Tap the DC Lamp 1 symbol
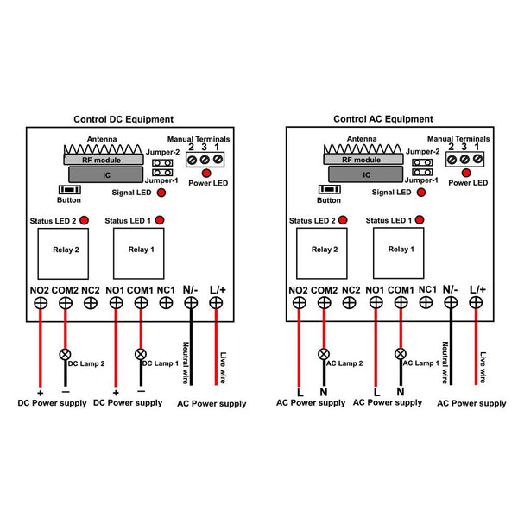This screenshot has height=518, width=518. coord(141,354)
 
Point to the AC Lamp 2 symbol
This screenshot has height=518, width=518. coord(324,354)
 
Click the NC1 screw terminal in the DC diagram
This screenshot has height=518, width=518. coord(166,303)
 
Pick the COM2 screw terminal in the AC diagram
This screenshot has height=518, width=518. coord(324,302)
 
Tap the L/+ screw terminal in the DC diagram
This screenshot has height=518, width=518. coord(216,303)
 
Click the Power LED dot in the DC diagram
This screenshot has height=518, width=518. coord(206,173)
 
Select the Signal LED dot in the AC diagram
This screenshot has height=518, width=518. coord(421,193)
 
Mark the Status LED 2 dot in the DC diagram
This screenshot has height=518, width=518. coord(85,220)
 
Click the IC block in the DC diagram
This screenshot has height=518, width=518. coord(105,174)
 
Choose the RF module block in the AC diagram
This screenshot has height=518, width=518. coord(363,159)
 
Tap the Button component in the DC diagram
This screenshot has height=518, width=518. coord(70,190)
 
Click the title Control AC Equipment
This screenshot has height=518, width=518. coord(383,119)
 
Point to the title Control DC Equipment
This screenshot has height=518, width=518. coord(123,119)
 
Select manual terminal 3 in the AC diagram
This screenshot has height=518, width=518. coord(464,160)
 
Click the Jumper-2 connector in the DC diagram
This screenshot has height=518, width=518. coord(162,163)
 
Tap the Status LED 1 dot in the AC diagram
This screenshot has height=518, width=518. coord(420,220)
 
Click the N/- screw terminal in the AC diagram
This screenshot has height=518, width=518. coord(451,302)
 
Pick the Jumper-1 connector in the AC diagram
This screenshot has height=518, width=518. coord(422,172)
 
